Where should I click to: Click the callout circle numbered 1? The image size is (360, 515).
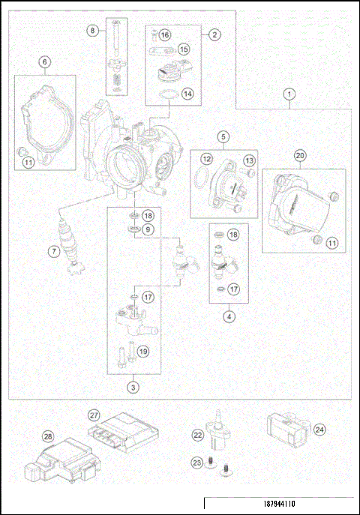point(289,95)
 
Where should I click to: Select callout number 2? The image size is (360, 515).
point(214,34)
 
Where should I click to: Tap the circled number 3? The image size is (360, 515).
point(133,388)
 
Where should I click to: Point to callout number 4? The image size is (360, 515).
point(228,316)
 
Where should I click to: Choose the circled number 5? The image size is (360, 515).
point(223,136)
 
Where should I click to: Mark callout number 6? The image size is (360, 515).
point(45,64)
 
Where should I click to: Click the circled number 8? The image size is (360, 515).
point(93,31)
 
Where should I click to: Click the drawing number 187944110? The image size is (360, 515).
point(278,505)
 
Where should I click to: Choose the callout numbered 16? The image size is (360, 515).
point(164,35)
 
